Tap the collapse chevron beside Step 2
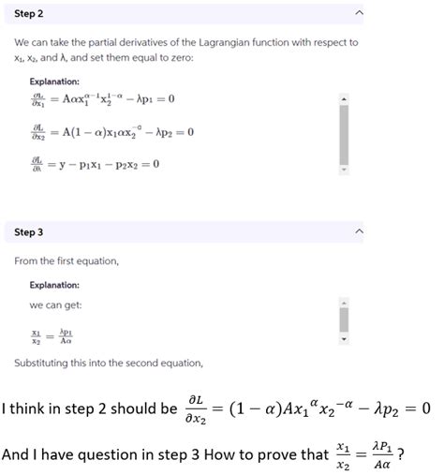(358, 14)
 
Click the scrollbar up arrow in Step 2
(343, 96)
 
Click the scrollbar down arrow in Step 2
(343, 171)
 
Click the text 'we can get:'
(54, 305)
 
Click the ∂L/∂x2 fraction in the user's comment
(200, 408)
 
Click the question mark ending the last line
(401, 454)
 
